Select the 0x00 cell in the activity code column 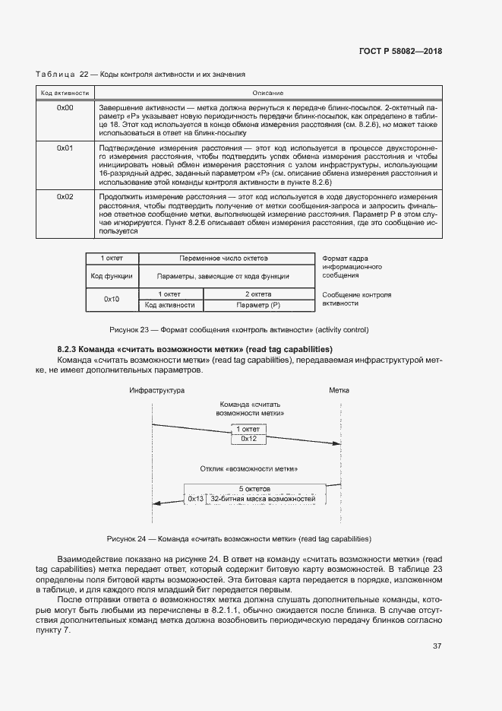pos(65,108)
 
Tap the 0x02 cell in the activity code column pos(65,197)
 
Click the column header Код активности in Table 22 pos(65,92)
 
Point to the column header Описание pos(267,92)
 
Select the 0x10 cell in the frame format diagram pos(112,299)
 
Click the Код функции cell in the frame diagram pos(112,276)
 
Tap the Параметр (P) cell pos(258,305)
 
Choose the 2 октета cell pos(258,294)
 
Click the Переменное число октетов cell pos(224,259)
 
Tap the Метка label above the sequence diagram pos(339,390)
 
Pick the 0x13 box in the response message pos(196,499)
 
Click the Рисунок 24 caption pos(238,538)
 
